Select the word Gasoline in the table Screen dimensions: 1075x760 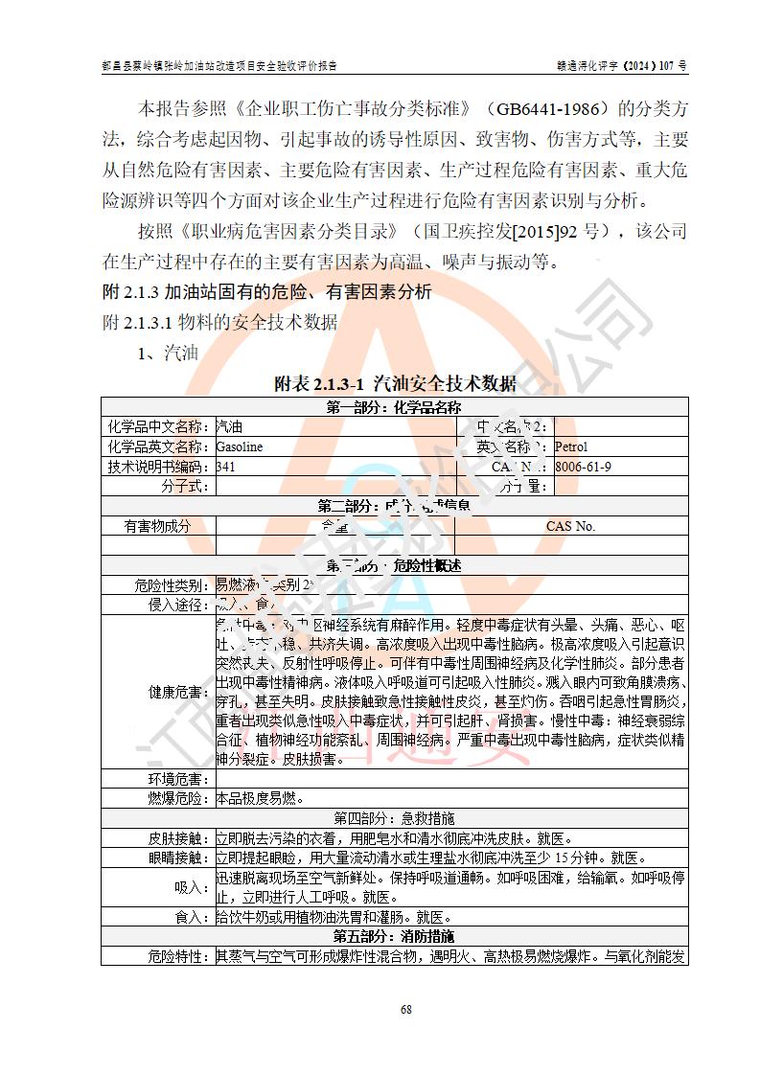coord(240,446)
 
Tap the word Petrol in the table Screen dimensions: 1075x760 coord(570,446)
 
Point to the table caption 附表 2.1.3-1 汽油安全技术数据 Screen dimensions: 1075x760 coord(395,384)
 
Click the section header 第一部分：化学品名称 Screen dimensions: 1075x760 coord(394,407)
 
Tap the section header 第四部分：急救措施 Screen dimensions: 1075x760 coord(394,818)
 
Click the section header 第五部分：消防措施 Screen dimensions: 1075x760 coord(394,936)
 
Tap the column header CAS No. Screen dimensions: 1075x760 coord(570,526)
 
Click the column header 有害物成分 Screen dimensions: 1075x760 coord(158,526)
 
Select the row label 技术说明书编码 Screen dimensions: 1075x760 coord(158,467)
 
